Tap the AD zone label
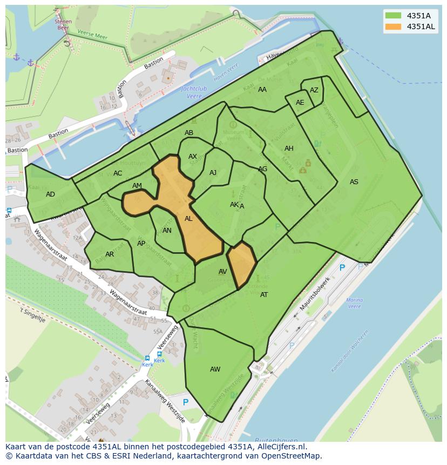(50, 194)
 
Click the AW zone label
(215, 369)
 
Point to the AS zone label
(354, 182)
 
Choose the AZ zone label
(314, 90)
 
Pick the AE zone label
(300, 103)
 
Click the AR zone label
(110, 254)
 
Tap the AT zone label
(264, 295)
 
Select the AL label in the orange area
(188, 219)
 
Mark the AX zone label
(193, 157)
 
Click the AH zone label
(289, 149)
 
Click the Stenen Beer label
(63, 24)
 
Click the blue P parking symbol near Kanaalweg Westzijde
(186, 402)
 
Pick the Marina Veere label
(354, 303)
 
